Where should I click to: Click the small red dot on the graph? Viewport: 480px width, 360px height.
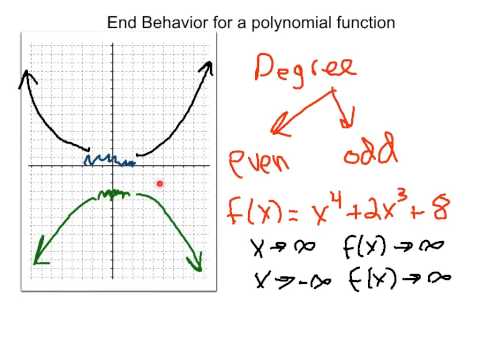coord(161,183)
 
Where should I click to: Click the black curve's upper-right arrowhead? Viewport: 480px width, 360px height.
coord(209,69)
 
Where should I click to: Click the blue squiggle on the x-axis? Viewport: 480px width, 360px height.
coord(108,160)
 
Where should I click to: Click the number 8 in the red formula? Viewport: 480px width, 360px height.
coord(441,209)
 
